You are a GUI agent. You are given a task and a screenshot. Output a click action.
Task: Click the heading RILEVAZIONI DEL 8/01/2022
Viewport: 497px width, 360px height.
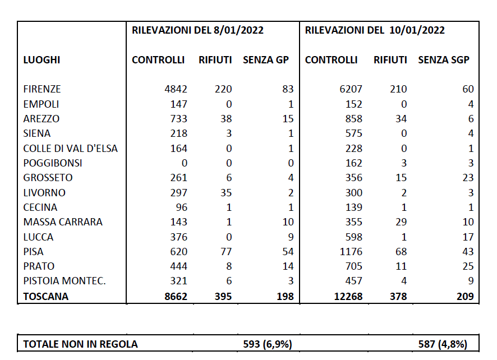point(197,30)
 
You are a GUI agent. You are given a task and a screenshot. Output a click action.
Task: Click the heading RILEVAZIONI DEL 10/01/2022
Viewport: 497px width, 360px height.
point(375,30)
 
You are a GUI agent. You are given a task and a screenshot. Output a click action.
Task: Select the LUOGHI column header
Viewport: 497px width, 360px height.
point(42,60)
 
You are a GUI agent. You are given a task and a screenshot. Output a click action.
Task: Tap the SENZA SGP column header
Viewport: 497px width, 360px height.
point(444,60)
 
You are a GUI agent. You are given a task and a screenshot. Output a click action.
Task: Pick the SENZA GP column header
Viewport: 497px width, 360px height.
point(265,60)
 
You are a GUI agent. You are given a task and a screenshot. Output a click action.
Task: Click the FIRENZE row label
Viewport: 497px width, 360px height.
point(42,89)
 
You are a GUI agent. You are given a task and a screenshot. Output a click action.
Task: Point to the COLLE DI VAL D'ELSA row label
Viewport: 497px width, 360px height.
point(71,149)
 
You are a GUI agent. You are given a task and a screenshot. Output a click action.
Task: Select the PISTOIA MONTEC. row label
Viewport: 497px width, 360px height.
point(65,281)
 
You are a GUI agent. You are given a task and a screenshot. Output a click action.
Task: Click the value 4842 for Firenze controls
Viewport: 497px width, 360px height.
point(176,89)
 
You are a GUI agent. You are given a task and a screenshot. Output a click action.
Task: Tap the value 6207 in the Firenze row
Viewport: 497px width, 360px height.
point(351,89)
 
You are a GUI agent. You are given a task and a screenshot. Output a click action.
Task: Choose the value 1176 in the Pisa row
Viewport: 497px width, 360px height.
point(351,252)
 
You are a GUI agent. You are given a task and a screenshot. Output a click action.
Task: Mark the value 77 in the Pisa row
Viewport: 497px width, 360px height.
point(226,252)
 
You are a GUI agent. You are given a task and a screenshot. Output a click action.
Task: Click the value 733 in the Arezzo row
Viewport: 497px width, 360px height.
point(178,119)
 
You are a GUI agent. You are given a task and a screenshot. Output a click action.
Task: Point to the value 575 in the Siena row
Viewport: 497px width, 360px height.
point(353,133)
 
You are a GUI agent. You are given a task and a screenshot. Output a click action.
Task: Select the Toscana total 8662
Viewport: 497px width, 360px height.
point(176,297)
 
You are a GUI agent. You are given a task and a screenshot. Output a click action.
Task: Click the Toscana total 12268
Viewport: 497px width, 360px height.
point(348,297)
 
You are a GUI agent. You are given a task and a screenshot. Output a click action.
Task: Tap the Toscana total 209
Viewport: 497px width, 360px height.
point(465,297)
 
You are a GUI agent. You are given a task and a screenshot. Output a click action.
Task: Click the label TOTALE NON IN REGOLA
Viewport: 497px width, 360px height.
point(80,344)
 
